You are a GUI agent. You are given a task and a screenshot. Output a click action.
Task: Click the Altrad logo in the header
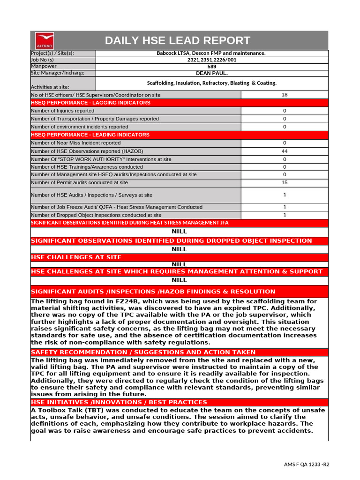point(45,40)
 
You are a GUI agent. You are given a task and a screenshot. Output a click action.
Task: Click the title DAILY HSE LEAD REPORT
point(178,40)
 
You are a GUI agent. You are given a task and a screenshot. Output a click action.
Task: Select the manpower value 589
point(211,67)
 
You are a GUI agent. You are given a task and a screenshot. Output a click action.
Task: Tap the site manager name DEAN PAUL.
point(211,73)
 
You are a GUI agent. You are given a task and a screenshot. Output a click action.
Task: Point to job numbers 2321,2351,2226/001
point(211,60)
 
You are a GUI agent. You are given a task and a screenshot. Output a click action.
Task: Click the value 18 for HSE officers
point(285,95)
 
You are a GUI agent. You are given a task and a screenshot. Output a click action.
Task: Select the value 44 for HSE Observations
point(285,151)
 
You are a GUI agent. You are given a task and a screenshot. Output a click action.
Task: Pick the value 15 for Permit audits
point(285,182)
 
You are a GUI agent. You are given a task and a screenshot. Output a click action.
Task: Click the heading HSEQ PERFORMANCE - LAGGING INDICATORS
point(90,103)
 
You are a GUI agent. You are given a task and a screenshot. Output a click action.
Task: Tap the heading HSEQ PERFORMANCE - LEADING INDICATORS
point(90,135)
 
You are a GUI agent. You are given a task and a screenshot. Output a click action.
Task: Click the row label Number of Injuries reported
point(62,111)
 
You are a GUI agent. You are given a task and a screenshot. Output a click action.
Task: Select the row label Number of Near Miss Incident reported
point(75,143)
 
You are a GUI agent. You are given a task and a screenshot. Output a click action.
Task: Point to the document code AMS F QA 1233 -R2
point(307,465)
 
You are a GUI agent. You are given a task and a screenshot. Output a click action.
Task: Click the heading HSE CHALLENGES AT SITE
point(76,257)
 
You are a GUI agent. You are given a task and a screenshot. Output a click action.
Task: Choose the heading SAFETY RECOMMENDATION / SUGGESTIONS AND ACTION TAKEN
point(143,352)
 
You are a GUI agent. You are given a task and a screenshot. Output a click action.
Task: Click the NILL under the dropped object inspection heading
point(179,249)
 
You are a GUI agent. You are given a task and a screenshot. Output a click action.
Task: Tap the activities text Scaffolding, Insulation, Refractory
point(211,83)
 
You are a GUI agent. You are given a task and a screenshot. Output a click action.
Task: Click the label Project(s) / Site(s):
point(52,53)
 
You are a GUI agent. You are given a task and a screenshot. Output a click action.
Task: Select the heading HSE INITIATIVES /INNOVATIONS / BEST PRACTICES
point(119,402)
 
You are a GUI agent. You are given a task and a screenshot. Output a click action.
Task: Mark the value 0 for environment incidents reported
point(285,127)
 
